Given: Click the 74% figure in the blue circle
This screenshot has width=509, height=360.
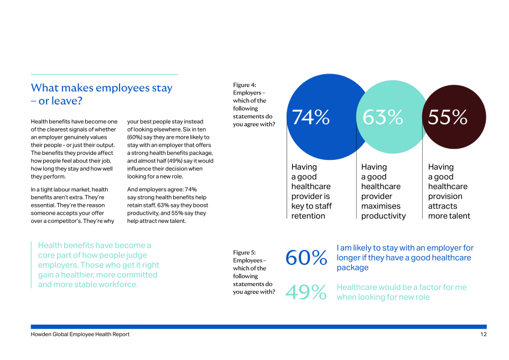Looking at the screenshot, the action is click(x=311, y=117).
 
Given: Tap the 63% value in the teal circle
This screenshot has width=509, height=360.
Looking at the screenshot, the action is click(x=383, y=117).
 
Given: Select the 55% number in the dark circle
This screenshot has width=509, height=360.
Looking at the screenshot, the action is click(x=448, y=117).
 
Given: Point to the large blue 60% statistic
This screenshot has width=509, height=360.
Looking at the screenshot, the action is click(x=306, y=258).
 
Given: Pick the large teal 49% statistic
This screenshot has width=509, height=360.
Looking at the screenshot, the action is click(x=306, y=292).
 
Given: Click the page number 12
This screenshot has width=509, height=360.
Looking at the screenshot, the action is click(x=484, y=335).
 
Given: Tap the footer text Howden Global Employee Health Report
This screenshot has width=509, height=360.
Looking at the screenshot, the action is click(x=80, y=335).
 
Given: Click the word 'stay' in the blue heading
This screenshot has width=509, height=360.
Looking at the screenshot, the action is click(x=162, y=88).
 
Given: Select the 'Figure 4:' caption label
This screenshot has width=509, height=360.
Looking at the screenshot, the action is click(x=245, y=85).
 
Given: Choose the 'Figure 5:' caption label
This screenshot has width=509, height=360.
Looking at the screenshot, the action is click(x=245, y=253).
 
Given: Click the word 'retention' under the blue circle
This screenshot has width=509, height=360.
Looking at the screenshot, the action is click(x=308, y=216).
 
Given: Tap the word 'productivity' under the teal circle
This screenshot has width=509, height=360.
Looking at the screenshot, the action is click(x=383, y=216).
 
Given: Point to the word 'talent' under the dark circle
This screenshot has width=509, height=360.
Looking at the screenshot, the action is click(x=459, y=216).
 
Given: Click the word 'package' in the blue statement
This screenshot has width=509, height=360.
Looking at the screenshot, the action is click(x=352, y=268).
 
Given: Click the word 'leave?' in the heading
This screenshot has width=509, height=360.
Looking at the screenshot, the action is click(x=60, y=101).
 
